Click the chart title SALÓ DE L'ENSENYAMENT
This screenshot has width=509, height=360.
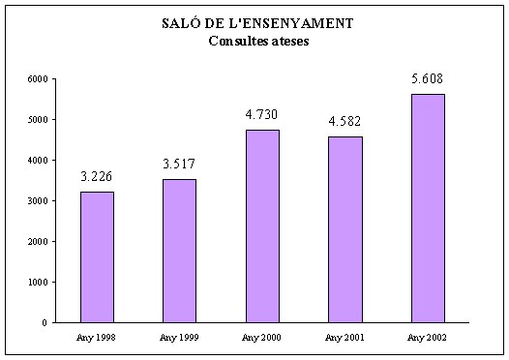(x=256, y=24)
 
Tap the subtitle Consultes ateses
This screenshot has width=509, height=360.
(x=256, y=41)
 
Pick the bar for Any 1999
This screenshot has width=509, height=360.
(x=179, y=251)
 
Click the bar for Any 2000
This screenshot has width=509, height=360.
(x=262, y=225)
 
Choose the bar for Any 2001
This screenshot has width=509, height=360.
(x=345, y=229)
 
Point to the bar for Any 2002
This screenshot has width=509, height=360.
(x=428, y=208)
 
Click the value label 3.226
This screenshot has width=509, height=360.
(x=97, y=176)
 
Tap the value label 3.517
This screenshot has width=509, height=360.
(x=179, y=164)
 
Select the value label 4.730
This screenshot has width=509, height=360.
(x=262, y=115)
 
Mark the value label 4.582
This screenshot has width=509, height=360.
(x=345, y=121)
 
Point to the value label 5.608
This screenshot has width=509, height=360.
(x=428, y=78)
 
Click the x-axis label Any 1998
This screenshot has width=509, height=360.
(x=97, y=337)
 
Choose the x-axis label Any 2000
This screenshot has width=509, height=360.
(x=262, y=337)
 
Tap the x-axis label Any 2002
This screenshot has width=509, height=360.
(x=428, y=337)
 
